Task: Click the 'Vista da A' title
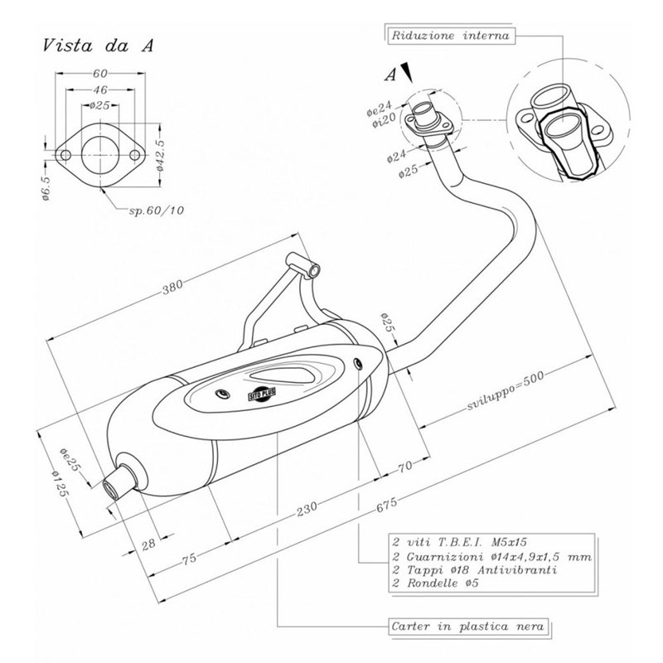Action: click(98, 46)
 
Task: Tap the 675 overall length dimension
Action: click(386, 504)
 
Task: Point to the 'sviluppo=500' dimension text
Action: click(506, 391)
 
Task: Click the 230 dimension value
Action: click(307, 509)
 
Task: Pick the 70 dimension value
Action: click(404, 467)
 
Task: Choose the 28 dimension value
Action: click(148, 544)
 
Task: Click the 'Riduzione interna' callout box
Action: click(450, 36)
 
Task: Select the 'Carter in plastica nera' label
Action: click(468, 627)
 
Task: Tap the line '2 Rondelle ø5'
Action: click(436, 583)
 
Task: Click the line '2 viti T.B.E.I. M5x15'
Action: click(460, 542)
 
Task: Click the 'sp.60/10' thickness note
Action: click(157, 211)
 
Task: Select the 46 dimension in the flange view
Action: click(99, 90)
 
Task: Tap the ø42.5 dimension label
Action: click(161, 155)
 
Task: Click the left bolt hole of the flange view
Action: click(65, 155)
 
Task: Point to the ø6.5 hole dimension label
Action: click(46, 187)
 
